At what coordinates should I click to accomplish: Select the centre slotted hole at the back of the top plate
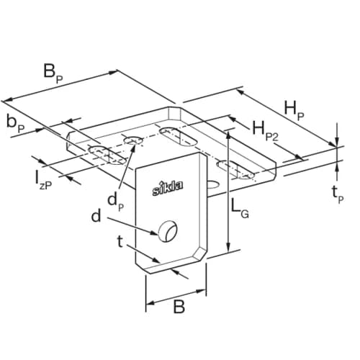click(176, 132)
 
